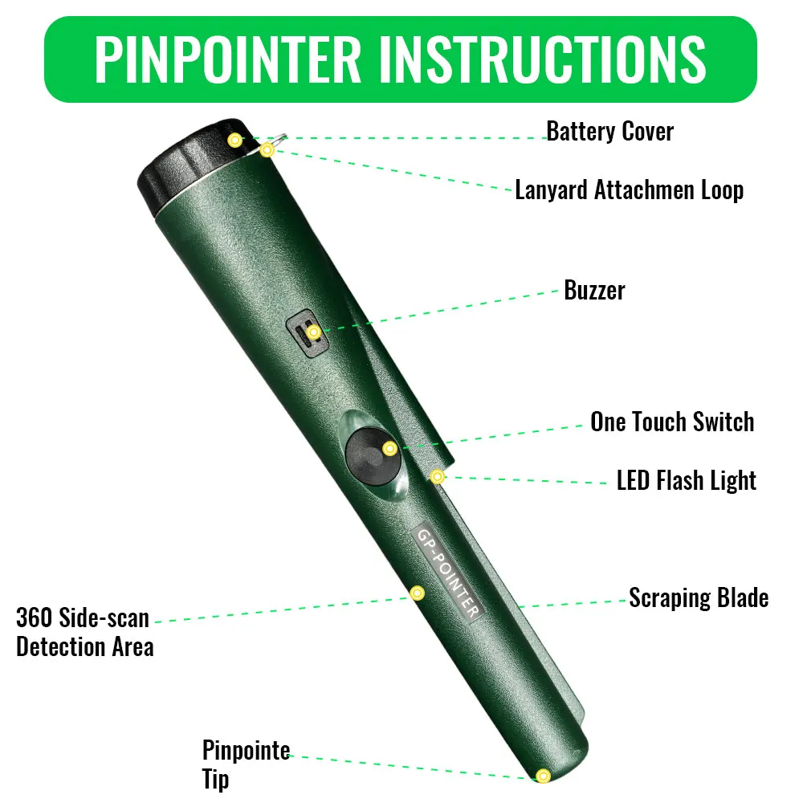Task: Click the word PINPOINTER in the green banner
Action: (x=228, y=59)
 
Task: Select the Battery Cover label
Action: (x=610, y=132)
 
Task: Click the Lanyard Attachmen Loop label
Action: (x=630, y=190)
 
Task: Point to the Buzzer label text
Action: (x=594, y=291)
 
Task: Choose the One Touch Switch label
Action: (x=672, y=422)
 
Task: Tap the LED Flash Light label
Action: (x=687, y=481)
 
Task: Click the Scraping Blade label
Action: (x=699, y=597)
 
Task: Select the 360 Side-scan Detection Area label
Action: (x=85, y=632)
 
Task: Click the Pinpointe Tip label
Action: (x=247, y=764)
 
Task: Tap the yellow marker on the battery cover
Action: (x=235, y=140)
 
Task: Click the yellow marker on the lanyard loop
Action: (x=267, y=150)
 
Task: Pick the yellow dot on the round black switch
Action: (x=389, y=449)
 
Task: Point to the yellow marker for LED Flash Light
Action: (x=437, y=477)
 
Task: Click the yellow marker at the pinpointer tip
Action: (x=543, y=776)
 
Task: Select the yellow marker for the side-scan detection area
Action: (x=418, y=593)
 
